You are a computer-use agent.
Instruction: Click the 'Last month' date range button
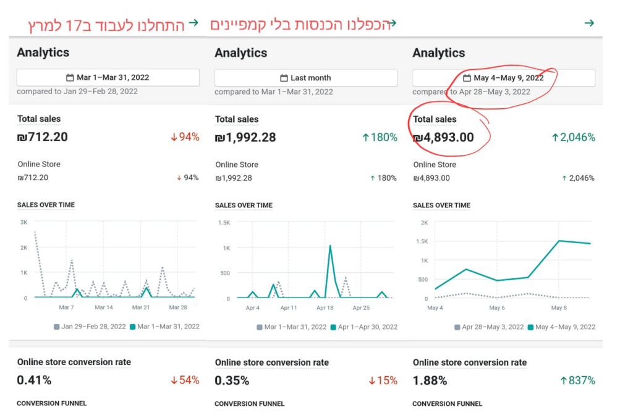tap(305, 78)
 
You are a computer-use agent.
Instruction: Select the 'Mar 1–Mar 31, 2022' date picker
tap(108, 78)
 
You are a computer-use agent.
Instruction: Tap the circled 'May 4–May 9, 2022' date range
tap(508, 78)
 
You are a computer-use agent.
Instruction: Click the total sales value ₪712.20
tap(43, 137)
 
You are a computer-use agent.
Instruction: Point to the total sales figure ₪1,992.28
tap(245, 137)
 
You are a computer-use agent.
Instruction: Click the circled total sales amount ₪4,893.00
tap(443, 137)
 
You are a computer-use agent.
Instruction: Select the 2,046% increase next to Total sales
tap(573, 137)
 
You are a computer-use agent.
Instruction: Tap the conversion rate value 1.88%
tap(430, 380)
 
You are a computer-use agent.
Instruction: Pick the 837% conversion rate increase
tap(577, 380)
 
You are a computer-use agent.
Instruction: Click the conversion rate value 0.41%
tap(34, 380)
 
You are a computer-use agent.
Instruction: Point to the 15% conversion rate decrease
tap(383, 380)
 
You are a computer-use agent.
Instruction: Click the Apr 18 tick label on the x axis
tap(325, 307)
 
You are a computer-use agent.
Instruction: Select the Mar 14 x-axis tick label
tap(104, 307)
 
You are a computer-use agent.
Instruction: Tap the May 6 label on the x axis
tap(497, 307)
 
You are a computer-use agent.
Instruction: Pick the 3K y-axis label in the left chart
tap(24, 222)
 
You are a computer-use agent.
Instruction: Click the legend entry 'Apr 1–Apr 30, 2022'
tap(367, 327)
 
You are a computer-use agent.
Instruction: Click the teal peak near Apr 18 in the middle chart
tap(330, 246)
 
